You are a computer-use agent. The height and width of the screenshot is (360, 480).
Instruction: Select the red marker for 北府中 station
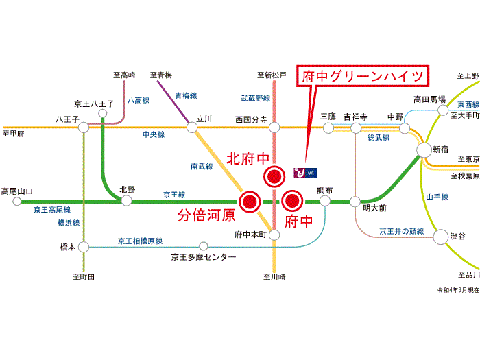coord(274,176)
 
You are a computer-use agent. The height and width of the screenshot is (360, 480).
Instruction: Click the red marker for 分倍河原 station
coord(249,202)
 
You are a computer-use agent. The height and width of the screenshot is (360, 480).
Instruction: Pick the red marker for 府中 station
coord(293,202)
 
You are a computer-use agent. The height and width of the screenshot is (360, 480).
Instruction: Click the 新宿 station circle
coord(422,150)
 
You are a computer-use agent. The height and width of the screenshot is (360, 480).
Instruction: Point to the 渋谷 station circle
coord(439,237)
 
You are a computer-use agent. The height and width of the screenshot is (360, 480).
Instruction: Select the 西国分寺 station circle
coord(274,127)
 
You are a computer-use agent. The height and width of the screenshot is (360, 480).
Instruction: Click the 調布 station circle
coord(325,202)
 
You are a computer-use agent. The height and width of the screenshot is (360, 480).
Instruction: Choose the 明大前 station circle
coord(355,202)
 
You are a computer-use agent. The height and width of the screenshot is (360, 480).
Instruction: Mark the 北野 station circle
coord(127,201)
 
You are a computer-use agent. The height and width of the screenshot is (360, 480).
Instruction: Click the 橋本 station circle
coord(84,246)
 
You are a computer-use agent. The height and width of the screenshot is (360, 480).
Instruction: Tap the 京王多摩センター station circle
coord(203,246)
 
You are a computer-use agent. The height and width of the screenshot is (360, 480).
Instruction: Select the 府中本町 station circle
coord(274,235)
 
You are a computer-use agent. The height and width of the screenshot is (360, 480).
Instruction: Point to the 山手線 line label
coord(436,197)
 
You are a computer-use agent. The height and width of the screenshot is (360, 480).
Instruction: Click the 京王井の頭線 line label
coord(401,231)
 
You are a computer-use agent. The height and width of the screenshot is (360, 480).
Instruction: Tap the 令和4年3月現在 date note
coord(458,290)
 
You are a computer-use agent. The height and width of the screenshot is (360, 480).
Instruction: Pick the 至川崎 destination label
coord(274,277)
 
